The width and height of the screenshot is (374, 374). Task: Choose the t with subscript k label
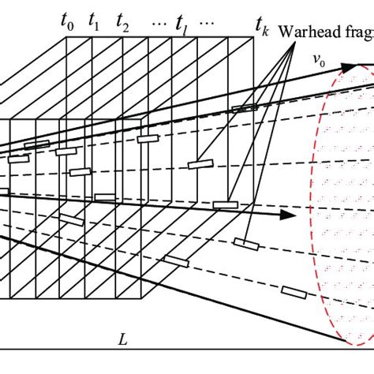[x=260, y=31]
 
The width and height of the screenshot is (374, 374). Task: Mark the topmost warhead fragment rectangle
[x=244, y=107]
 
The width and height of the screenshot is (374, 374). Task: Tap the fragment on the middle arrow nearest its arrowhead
[x=225, y=205]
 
